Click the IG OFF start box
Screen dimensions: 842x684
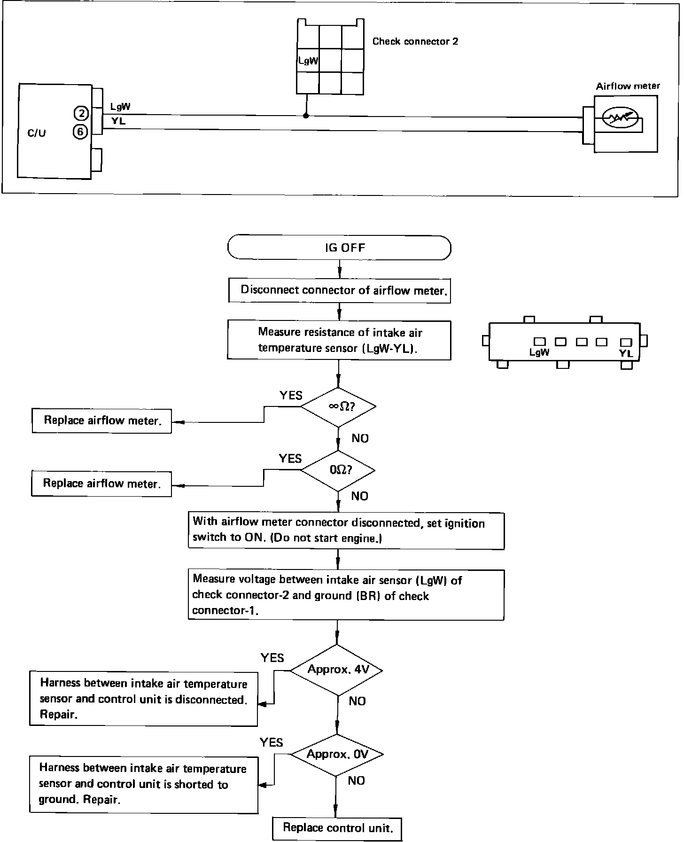coord(339,248)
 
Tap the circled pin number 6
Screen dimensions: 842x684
coord(80,132)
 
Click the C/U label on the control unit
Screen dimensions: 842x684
coord(37,133)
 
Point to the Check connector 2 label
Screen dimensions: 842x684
coord(415,41)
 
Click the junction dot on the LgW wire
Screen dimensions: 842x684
coord(306,116)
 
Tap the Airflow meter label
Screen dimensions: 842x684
coord(628,86)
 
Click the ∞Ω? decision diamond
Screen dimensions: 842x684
coord(338,407)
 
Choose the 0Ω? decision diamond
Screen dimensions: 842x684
coord(338,470)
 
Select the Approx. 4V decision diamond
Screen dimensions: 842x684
coord(336,670)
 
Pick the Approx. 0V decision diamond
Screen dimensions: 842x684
coord(336,755)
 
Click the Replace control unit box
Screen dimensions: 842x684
coord(337,828)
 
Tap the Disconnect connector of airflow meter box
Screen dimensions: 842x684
coord(339,290)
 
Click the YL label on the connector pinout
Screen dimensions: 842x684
coord(626,354)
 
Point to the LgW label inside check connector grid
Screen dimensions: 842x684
coord(308,61)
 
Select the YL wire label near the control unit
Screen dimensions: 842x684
coord(118,121)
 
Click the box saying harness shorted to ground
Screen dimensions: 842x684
coord(144,784)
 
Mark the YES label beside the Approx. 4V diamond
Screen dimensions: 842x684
coord(272,658)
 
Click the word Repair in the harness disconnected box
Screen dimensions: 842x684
coord(59,715)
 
